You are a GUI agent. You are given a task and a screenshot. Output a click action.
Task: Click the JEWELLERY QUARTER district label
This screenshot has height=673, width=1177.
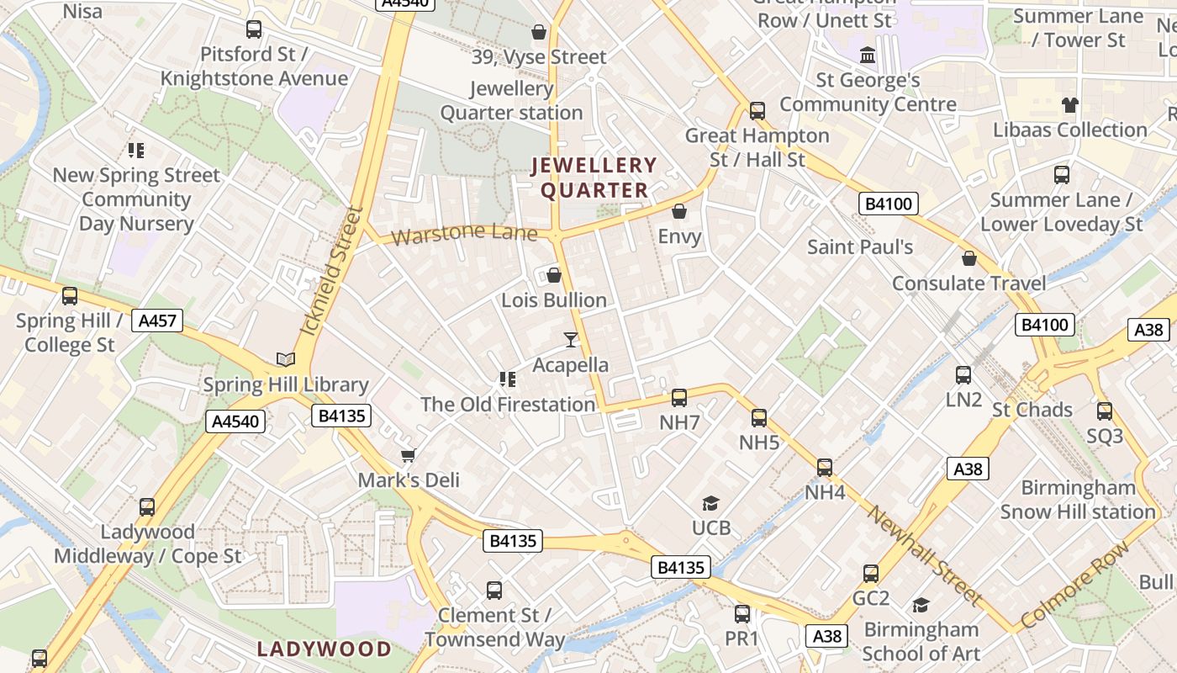(594, 178)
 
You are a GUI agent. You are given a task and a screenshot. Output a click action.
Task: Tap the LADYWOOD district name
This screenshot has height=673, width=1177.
(325, 649)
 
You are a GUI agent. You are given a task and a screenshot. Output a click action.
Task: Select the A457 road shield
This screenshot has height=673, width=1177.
(157, 321)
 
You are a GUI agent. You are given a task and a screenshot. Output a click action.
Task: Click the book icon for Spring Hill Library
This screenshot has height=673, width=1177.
(286, 359)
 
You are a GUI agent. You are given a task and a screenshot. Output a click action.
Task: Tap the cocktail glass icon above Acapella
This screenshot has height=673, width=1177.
(571, 339)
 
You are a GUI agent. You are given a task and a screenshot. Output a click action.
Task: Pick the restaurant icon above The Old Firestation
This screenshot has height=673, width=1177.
(507, 379)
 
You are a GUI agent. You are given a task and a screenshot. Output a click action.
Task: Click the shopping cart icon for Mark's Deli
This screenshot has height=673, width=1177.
(409, 455)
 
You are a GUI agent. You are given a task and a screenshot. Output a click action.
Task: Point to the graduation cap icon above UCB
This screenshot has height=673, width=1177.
(711, 503)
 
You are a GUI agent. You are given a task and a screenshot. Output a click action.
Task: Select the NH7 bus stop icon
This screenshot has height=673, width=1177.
(679, 397)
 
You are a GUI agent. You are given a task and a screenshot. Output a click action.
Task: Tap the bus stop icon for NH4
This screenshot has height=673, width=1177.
(825, 467)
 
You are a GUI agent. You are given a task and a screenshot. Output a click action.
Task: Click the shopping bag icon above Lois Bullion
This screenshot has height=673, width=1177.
(554, 275)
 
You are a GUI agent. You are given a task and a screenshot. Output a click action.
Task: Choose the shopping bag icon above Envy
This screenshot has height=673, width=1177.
(679, 211)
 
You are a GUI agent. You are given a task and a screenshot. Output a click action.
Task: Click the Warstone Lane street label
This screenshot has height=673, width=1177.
(464, 233)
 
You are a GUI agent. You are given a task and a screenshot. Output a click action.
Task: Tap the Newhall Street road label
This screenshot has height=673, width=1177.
(925, 555)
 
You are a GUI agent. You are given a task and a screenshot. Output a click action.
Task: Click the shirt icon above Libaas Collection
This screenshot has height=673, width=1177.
(1069, 105)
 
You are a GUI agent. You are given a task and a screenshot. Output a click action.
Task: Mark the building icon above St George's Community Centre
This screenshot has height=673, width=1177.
(868, 56)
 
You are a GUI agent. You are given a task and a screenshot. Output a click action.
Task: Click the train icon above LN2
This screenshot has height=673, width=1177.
(963, 374)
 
